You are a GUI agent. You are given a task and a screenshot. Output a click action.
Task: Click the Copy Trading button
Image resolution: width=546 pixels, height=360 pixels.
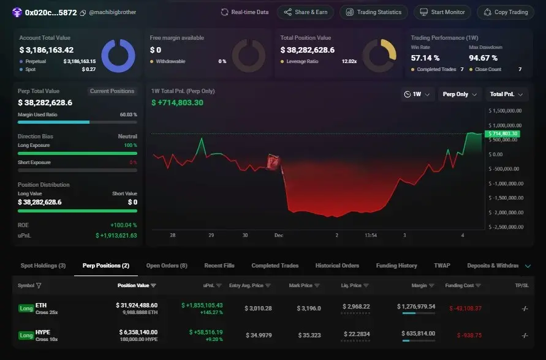pos(505,12)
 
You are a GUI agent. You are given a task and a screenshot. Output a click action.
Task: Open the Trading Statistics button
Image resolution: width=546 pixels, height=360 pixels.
pos(374,12)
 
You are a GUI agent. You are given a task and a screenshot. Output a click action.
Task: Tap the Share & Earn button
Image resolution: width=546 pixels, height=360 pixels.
pos(305,12)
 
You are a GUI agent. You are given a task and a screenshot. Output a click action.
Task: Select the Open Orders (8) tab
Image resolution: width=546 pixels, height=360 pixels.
pos(167,266)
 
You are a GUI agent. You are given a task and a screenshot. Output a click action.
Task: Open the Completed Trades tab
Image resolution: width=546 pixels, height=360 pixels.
pos(275,266)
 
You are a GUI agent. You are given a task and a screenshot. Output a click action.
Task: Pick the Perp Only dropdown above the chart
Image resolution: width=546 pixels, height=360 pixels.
pos(460,94)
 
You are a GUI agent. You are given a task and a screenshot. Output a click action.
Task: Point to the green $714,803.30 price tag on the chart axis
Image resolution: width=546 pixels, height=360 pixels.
pos(502,133)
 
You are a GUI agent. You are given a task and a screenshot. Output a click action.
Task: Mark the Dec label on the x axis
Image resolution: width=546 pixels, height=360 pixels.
pos(279,235)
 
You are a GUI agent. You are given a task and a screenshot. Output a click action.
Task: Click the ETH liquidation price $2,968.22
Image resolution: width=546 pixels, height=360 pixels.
pos(355,308)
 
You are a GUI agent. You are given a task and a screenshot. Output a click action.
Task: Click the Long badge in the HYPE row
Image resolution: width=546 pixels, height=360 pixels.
pos(26,336)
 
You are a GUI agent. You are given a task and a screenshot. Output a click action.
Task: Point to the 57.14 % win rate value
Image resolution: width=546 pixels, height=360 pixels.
pos(425,58)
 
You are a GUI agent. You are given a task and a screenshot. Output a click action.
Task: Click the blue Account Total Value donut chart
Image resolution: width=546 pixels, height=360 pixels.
pos(118,56)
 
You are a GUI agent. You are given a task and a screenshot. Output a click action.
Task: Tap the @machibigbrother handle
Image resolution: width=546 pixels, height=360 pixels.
pos(113,12)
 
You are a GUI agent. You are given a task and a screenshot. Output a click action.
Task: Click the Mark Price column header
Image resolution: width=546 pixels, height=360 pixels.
pos(301,285)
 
